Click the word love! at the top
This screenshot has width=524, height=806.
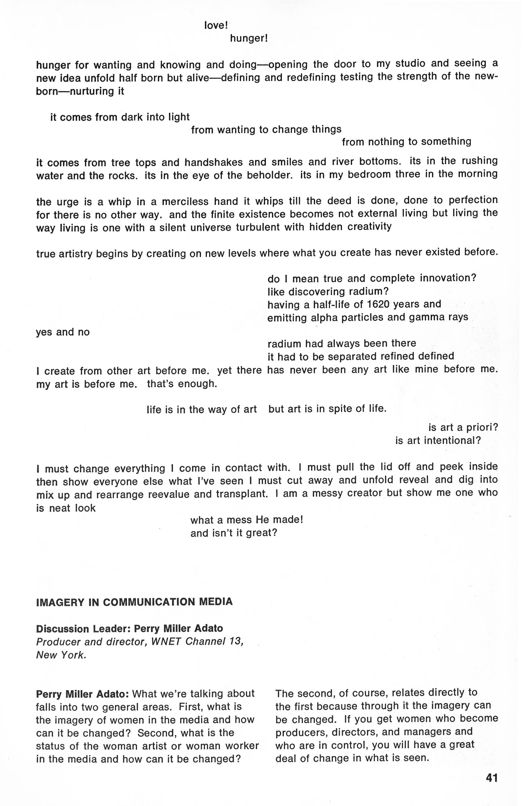point(216,25)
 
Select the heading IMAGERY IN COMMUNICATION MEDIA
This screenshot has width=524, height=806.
point(134,602)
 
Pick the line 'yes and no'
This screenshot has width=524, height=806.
point(63,332)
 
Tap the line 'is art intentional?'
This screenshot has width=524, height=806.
point(438,441)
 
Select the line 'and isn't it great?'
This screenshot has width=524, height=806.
point(234,533)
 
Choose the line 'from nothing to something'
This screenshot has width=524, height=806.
point(406,142)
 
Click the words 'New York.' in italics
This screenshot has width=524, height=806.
point(61,655)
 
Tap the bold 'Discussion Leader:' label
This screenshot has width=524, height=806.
point(83,628)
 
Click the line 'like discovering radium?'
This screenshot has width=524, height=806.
point(328,292)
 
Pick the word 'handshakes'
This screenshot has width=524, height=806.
point(213,163)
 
